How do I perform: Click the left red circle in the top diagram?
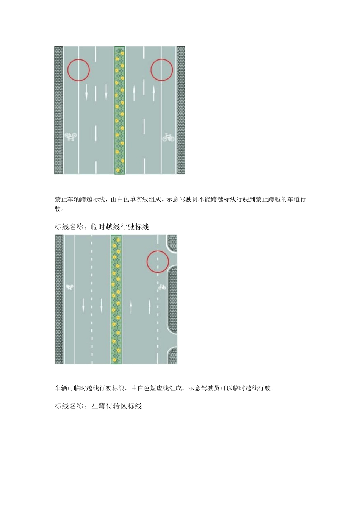point(78,70)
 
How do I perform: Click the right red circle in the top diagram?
point(162,70)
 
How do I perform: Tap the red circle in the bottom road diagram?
point(158,261)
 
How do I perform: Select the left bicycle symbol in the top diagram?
point(70,137)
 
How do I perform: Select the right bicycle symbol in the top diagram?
point(169,137)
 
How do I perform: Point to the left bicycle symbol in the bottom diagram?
point(69,287)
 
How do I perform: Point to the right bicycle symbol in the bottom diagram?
point(162,287)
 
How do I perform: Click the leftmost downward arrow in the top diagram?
point(86,92)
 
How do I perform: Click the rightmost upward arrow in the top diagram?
point(154,93)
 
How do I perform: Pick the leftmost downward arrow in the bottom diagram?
point(83,305)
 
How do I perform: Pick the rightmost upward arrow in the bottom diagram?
point(149,306)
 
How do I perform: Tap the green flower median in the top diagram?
point(120,110)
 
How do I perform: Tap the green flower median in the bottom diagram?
point(116,299)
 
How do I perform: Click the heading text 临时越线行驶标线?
point(120,227)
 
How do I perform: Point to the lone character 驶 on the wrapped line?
point(58,209)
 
